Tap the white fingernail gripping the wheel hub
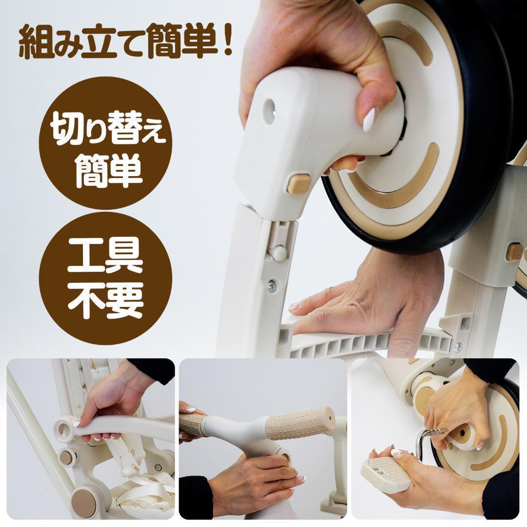click(x=369, y=120)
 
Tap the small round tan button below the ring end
click(x=66, y=457)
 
